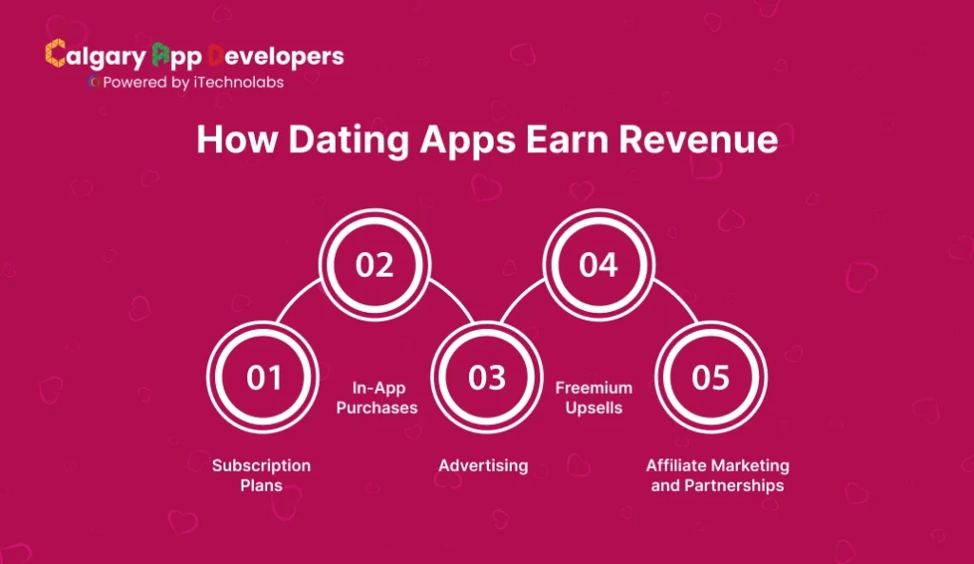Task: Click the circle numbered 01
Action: click(x=263, y=378)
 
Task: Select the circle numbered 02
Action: click(x=375, y=265)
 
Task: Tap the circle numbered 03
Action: click(x=487, y=378)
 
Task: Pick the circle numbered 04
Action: click(x=599, y=265)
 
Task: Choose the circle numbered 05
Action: click(x=711, y=378)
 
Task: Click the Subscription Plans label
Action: click(x=262, y=476)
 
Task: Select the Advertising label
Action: click(x=483, y=466)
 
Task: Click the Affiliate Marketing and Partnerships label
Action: click(x=717, y=476)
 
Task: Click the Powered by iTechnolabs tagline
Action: click(x=191, y=82)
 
